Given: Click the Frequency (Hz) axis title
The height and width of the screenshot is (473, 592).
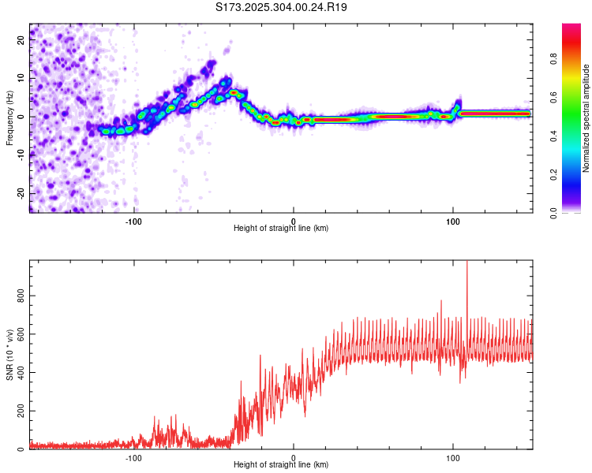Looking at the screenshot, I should pyautogui.click(x=9, y=118).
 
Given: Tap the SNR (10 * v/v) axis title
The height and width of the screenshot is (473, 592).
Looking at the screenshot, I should pyautogui.click(x=9, y=355).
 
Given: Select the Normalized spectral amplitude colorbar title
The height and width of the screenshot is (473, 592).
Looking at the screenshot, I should pyautogui.click(x=586, y=118).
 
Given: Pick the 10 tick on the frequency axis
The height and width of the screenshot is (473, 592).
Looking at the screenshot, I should pyautogui.click(x=21, y=79).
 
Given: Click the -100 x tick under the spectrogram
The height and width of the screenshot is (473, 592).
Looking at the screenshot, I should pyautogui.click(x=134, y=221).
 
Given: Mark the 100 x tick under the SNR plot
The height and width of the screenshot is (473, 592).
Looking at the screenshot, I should pyautogui.click(x=453, y=457).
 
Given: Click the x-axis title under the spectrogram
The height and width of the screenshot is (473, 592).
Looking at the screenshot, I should pyautogui.click(x=281, y=229).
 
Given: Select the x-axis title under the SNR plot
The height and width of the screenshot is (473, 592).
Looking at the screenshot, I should pyautogui.click(x=281, y=465).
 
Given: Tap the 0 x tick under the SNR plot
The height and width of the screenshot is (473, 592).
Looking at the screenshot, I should pyautogui.click(x=294, y=457).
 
